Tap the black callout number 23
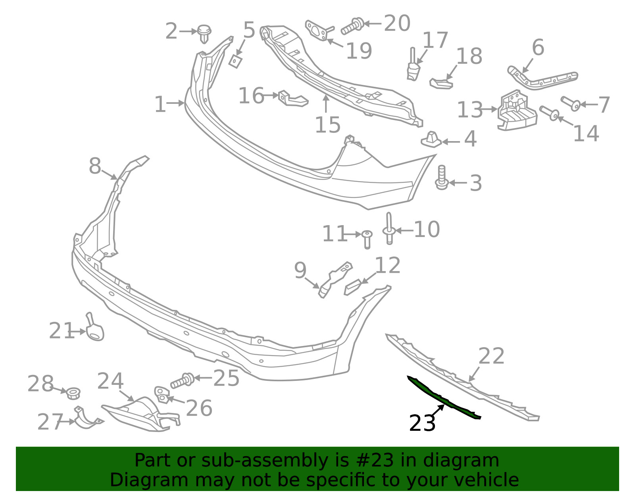(422, 423)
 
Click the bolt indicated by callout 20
(352, 27)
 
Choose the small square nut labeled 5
(235, 61)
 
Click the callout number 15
(328, 124)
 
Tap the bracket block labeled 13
(517, 110)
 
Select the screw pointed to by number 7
(571, 103)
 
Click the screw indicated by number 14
(549, 113)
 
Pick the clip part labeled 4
(431, 140)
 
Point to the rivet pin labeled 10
(389, 228)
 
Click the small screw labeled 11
(367, 239)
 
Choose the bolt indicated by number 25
(182, 380)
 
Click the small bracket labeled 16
(293, 99)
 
